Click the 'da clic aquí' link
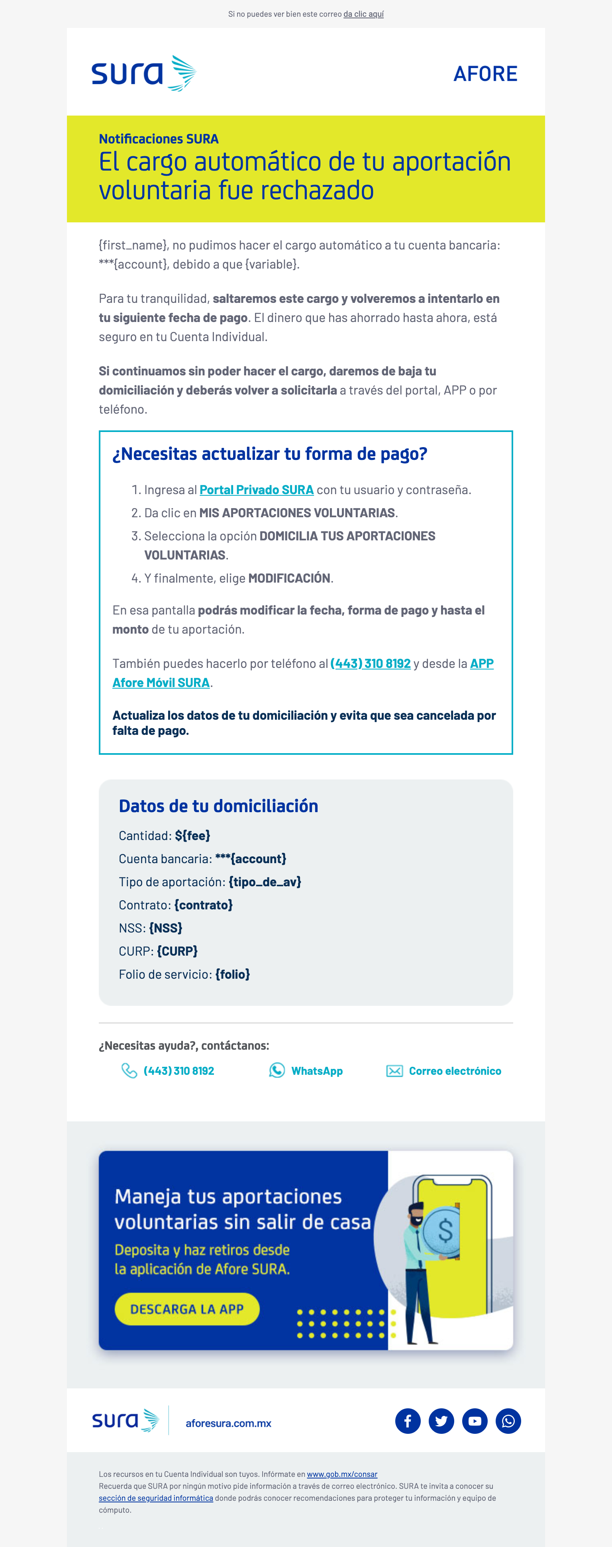pos(363,14)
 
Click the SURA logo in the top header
pos(143,73)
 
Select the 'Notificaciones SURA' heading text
pos(159,139)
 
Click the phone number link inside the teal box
pos(371,664)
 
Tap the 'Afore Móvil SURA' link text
pos(161,683)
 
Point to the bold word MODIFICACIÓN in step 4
pos(290,578)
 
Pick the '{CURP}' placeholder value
pos(177,951)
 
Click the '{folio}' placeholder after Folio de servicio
pos(232,974)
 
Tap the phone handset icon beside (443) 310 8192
pos(129,1071)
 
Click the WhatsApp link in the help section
pos(316,1071)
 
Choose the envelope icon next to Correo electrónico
pos(394,1071)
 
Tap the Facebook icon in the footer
pos(408,1421)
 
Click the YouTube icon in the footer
pos(475,1421)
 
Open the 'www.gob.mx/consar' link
pos(342,1474)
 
